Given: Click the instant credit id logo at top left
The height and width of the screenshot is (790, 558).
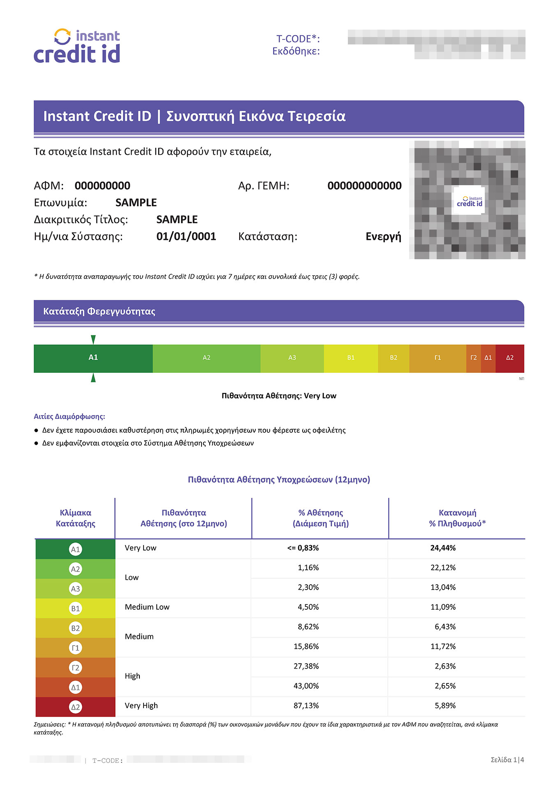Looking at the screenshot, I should coord(77,46).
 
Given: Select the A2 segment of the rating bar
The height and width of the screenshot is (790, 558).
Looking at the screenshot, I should coord(206,358).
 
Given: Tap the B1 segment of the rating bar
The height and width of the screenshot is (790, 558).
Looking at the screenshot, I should coord(351,358).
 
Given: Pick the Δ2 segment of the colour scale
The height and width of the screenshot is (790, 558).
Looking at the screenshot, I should coord(509,358).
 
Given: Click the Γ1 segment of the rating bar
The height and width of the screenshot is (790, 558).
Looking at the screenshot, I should coord(438,358).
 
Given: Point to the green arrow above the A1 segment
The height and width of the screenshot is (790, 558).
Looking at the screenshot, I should coord(93,339).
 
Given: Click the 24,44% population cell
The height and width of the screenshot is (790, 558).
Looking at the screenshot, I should coord(443,548).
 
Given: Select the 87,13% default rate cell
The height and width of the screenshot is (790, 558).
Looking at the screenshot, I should coord(306,706).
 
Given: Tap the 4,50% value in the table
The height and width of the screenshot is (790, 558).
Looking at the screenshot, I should coord(308,607).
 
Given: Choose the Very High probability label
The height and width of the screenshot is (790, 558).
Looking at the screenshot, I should coord(141,706).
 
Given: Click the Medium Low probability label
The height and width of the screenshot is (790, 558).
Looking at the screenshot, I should coord(147,607).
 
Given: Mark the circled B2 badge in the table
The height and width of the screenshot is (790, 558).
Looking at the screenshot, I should coord(75,628).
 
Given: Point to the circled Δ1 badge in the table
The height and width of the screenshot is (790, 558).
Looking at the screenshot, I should coord(75,688).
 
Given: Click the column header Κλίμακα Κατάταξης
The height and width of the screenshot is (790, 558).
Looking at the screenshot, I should coord(75,518).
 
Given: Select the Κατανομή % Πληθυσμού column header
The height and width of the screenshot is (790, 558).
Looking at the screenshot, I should coord(457,518).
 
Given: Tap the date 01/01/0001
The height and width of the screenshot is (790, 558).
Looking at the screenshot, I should coord(186,237).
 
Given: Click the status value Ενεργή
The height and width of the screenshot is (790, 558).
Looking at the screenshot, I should coord(383,237).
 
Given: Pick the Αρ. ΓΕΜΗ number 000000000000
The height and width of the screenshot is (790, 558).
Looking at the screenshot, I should coord(364,186).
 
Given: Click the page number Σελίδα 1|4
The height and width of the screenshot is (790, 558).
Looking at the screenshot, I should coord(507,760).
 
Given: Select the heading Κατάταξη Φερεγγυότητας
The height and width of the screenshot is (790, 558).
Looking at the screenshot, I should coord(99,311).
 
